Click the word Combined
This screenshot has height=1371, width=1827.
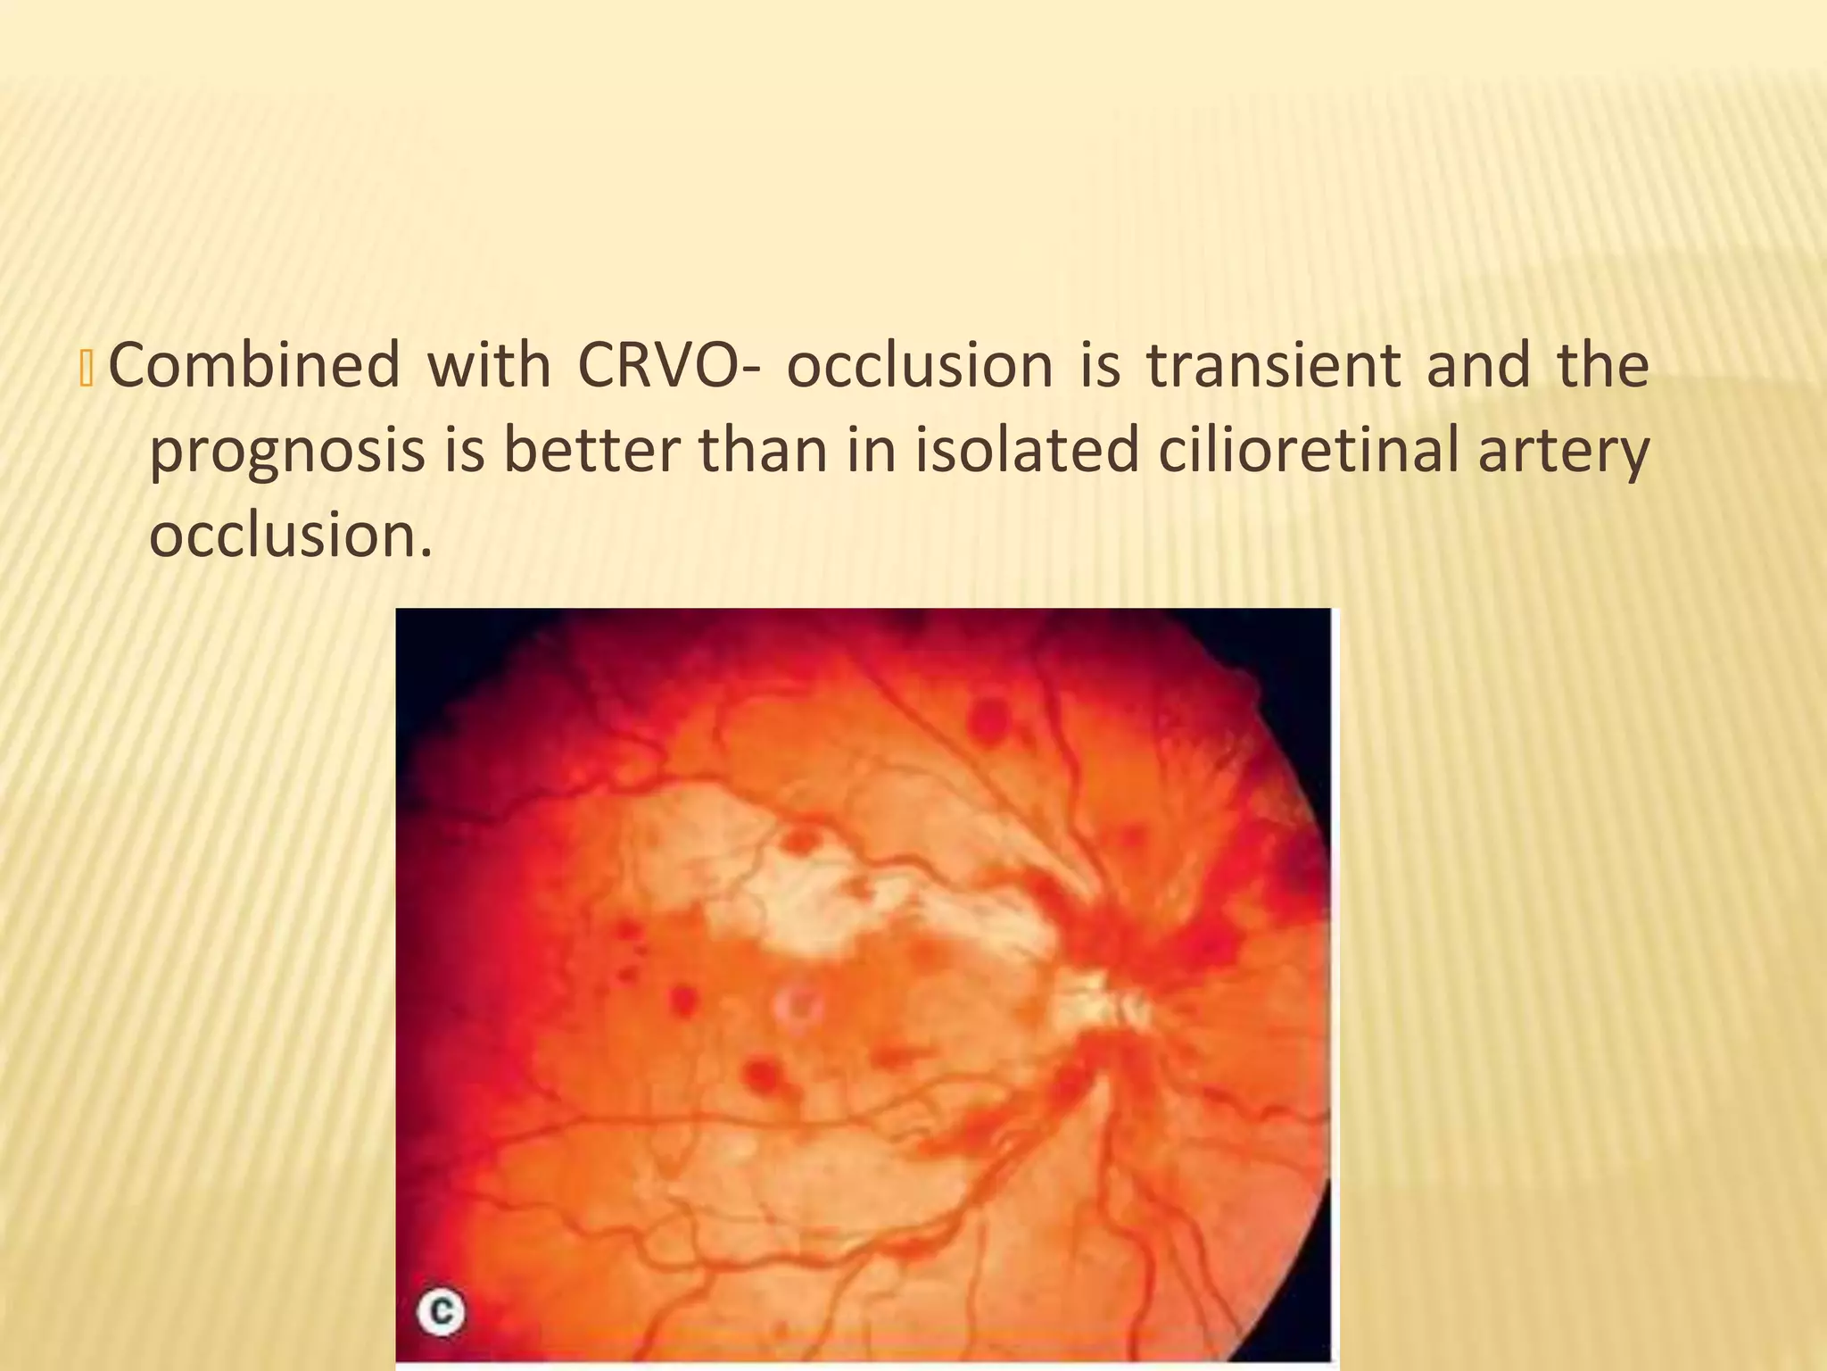pos(254,366)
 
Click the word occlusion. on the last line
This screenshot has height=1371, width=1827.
pos(290,536)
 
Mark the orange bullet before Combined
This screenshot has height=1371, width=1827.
pos(87,368)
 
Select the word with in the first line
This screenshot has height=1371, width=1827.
pos(489,366)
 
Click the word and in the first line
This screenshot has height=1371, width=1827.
pos(1478,366)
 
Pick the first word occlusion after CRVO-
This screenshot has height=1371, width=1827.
pos(920,366)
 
